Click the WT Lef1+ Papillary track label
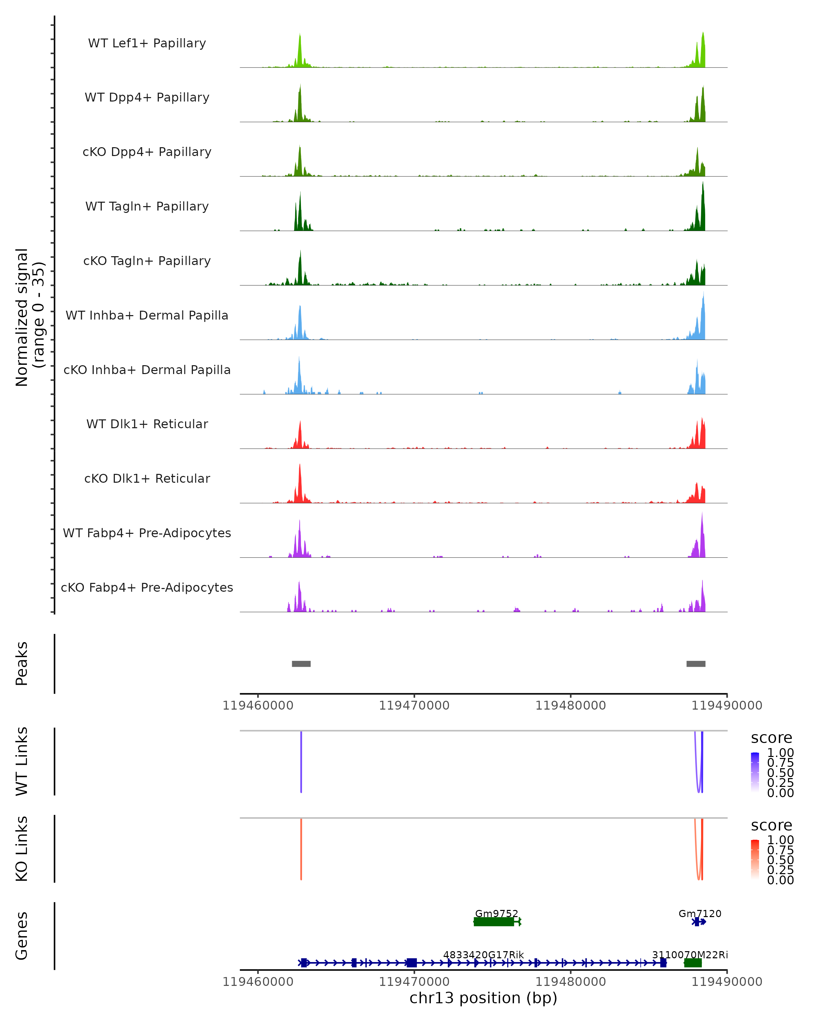pos(147,43)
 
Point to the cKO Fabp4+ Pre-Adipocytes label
pos(147,587)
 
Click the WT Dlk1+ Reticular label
pos(147,424)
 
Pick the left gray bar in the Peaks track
pos(301,664)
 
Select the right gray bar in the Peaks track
pos(696,664)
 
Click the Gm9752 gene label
pos(497,913)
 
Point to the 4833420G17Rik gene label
pos(483,954)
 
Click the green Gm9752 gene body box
pos(494,921)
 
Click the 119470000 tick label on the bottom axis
pos(414,982)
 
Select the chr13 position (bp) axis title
pos(483,998)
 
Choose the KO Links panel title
pos(22,849)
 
